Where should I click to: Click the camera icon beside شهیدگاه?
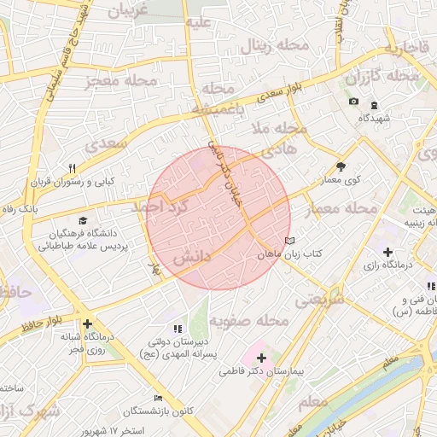click(353, 102)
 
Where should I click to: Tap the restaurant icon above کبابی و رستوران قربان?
click(73, 168)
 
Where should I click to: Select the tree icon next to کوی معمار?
click(341, 167)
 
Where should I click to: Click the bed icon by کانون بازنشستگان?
click(157, 399)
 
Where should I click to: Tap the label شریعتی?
click(319, 300)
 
